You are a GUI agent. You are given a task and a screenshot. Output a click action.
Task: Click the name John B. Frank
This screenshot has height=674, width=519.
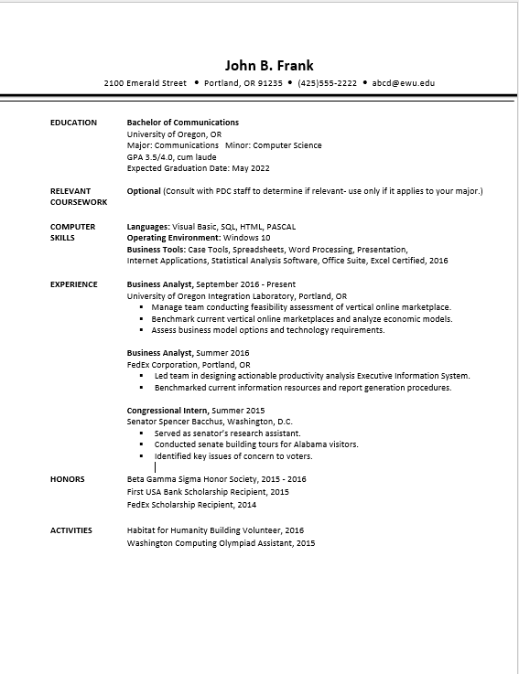[269, 65]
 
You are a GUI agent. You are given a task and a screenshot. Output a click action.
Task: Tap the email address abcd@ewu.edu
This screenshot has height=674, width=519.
[404, 83]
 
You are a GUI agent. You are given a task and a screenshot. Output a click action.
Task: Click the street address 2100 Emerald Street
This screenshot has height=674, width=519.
[146, 83]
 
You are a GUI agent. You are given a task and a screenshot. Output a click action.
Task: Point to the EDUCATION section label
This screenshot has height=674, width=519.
[73, 123]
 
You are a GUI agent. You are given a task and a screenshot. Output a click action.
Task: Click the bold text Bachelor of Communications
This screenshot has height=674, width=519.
[182, 123]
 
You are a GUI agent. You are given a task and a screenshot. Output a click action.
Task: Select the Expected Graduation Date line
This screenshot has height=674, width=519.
[185, 168]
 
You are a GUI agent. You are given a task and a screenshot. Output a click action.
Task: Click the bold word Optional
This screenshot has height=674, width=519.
[143, 191]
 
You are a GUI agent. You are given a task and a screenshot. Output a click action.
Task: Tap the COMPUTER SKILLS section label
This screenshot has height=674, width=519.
[72, 231]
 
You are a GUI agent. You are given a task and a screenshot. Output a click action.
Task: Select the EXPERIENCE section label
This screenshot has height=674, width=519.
[73, 284]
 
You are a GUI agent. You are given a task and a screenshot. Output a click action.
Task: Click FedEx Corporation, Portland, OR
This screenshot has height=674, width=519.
[188, 364]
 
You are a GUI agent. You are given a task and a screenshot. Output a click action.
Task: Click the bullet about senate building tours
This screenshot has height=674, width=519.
[255, 444]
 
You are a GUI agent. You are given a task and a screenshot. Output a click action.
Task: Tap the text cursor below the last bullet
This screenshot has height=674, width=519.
[156, 466]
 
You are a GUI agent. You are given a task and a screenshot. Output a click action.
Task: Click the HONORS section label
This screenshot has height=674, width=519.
[67, 479]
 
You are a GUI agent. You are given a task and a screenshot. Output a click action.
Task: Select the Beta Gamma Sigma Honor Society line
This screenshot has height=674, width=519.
[216, 479]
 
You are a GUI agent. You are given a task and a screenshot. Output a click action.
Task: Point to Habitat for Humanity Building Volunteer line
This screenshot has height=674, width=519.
[215, 530]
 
